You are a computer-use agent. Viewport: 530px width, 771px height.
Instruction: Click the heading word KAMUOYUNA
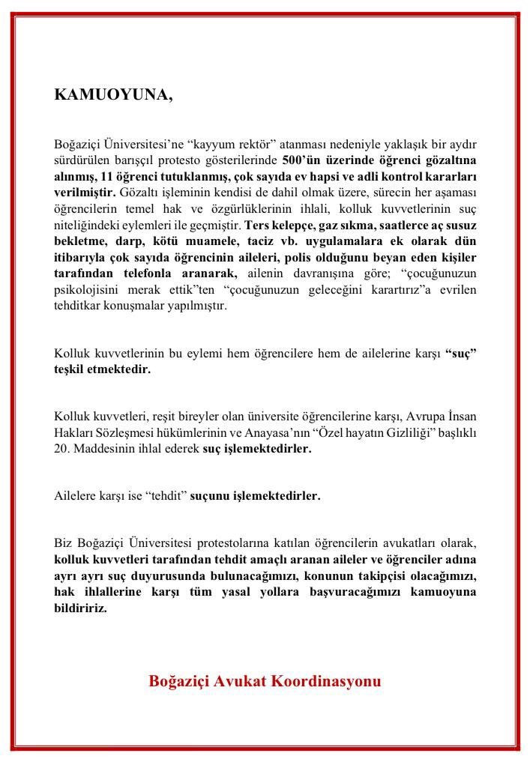coord(113,95)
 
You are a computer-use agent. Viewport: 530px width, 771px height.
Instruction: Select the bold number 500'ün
coord(302,160)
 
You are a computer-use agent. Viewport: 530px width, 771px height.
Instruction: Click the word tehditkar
coord(76,306)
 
